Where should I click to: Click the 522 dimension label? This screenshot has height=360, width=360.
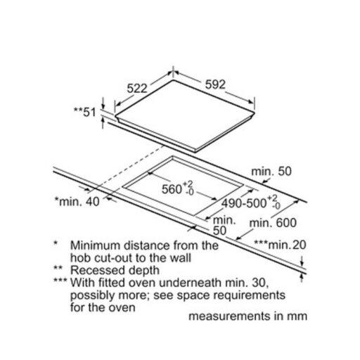137,89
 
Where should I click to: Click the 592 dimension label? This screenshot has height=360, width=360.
215,84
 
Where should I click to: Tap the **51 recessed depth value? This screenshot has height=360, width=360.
85,112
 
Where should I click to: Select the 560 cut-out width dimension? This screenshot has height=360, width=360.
178,188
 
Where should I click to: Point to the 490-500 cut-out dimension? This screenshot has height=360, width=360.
251,202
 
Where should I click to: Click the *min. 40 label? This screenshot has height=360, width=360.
77,202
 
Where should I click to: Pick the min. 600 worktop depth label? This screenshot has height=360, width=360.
273,223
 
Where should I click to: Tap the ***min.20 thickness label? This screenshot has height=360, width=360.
281,245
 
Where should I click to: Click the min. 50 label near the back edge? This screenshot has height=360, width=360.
271,172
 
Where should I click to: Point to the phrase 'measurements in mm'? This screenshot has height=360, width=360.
248,316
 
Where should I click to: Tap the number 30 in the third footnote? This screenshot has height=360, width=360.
260,283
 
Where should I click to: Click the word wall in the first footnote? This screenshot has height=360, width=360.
181,258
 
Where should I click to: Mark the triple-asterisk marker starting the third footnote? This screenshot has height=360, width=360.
60,281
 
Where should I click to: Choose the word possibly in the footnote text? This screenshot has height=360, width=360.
92,296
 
